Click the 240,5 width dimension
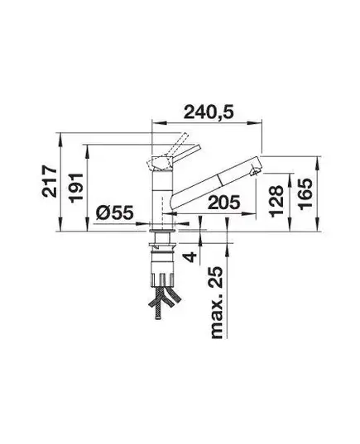209,112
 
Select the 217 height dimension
50,182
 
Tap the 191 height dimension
76,188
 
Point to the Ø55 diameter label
114,212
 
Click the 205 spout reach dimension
223,203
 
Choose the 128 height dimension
276,201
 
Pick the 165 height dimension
305,194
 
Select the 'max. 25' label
216,302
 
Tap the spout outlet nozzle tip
256,172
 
